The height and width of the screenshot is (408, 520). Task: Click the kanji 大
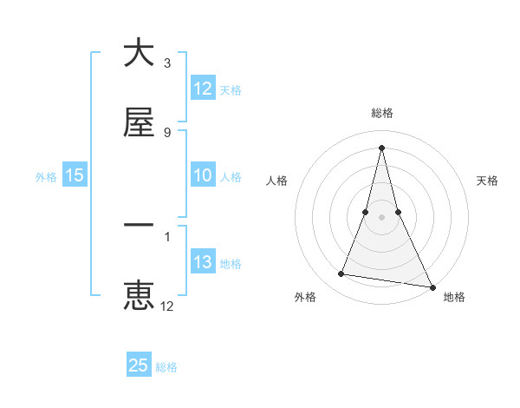140,54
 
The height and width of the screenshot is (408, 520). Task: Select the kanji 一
140,226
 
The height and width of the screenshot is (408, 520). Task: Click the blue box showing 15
75,176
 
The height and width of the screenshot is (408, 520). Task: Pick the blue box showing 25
139,366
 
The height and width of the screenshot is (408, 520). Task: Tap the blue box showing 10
203,176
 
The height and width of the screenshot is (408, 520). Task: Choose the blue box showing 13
203,263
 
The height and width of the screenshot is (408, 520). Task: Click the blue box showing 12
203,89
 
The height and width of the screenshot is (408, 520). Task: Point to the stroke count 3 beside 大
167,63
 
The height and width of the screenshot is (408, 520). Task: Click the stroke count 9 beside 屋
167,132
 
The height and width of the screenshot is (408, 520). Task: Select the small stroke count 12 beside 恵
167,306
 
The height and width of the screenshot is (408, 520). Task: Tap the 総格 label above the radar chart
382,113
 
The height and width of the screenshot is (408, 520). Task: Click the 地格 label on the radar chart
454,297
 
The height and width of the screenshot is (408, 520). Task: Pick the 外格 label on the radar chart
305,297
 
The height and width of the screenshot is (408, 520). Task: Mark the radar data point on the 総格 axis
381,148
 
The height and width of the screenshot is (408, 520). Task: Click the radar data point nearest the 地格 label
432,286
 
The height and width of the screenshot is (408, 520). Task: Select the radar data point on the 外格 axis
341,274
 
